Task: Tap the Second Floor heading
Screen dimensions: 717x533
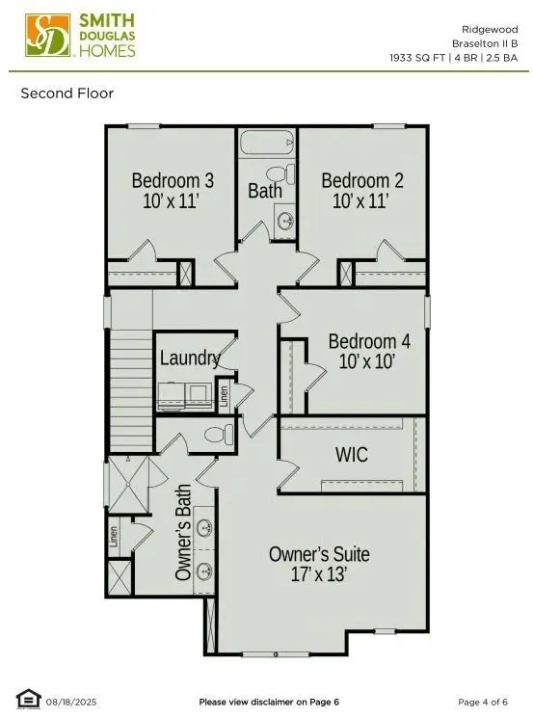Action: [67, 93]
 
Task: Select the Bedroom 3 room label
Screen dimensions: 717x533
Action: [173, 180]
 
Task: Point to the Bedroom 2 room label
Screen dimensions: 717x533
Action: [361, 180]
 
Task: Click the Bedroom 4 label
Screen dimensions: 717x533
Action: [368, 341]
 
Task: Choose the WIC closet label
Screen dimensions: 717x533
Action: [351, 454]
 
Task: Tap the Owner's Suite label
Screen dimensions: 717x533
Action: [319, 554]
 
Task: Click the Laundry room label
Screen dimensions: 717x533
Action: [190, 358]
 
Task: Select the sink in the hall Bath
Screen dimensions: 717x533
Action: [285, 220]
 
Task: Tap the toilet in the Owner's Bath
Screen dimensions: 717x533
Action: [219, 435]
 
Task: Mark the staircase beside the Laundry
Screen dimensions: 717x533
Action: [133, 370]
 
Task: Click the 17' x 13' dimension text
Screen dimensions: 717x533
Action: [319, 574]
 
